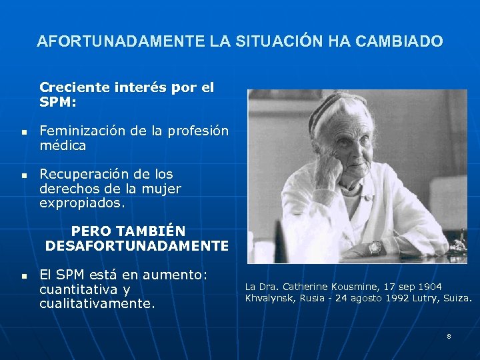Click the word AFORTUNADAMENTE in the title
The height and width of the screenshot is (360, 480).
pyautogui.click(x=121, y=41)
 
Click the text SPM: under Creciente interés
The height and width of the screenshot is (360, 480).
pyautogui.click(x=58, y=102)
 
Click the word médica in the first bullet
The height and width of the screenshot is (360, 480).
pyautogui.click(x=63, y=145)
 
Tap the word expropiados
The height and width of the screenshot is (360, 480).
pyautogui.click(x=82, y=203)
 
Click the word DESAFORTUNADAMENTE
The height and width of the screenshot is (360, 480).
pyautogui.click(x=137, y=246)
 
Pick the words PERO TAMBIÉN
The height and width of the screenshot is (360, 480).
pyautogui.click(x=128, y=231)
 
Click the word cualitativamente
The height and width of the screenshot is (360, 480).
pyautogui.click(x=97, y=303)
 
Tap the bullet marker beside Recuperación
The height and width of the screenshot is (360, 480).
pyautogui.click(x=23, y=175)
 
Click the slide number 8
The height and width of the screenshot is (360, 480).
pyautogui.click(x=449, y=336)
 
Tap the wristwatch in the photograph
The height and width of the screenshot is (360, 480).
pyautogui.click(x=375, y=247)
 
